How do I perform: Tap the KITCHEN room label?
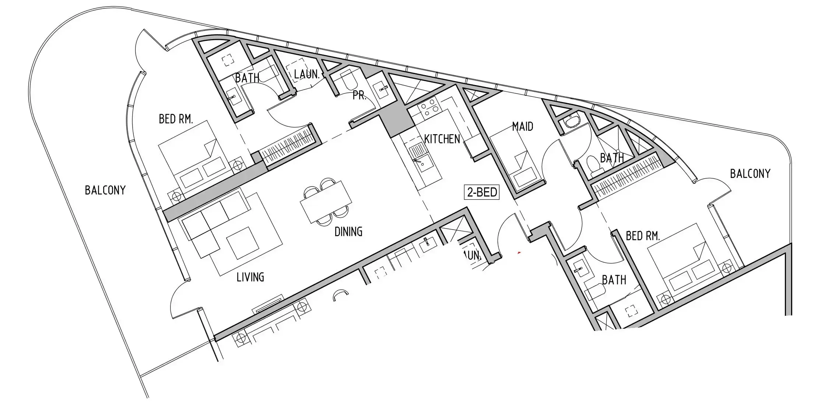click(x=442, y=139)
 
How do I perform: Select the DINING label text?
click(x=348, y=231)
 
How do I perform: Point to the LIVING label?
click(x=250, y=277)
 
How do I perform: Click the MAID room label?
click(x=523, y=126)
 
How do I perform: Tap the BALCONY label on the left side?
click(x=105, y=190)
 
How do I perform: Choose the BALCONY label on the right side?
click(x=750, y=174)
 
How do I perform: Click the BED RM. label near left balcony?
click(x=176, y=119)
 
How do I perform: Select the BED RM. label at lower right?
click(x=643, y=236)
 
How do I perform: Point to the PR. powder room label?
click(x=359, y=96)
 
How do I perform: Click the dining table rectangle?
click(x=326, y=202)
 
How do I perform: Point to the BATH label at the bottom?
click(x=614, y=280)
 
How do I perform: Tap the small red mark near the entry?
click(x=519, y=253)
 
